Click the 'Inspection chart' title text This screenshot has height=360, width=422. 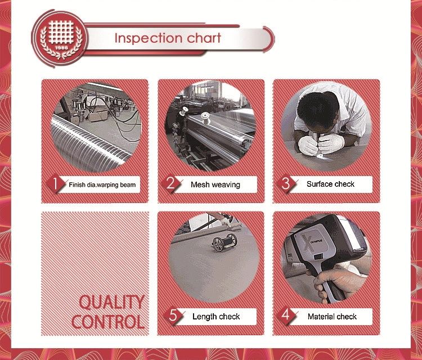168,38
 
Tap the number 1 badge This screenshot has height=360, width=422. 56,183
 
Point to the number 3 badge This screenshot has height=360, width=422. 285,183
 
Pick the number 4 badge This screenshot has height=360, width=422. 286,316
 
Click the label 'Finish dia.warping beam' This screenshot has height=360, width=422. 102,184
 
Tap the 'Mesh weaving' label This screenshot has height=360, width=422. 215,184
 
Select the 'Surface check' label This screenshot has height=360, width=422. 330,184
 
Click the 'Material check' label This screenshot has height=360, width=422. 332,317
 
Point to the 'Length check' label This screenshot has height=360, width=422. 216,317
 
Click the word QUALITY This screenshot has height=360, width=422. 111,303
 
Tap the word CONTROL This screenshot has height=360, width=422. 107,322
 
